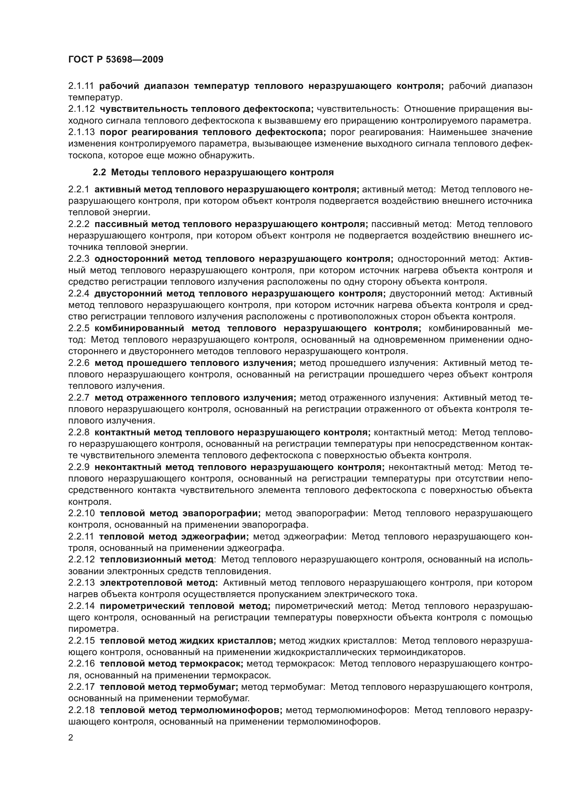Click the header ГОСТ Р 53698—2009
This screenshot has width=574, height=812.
(x=116, y=59)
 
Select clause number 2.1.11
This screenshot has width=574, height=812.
(x=81, y=86)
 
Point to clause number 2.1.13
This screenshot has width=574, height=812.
(x=81, y=132)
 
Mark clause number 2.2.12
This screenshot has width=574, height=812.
(x=81, y=560)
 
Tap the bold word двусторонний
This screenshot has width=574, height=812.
(x=128, y=294)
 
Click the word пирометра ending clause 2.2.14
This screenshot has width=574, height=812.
(x=92, y=629)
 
